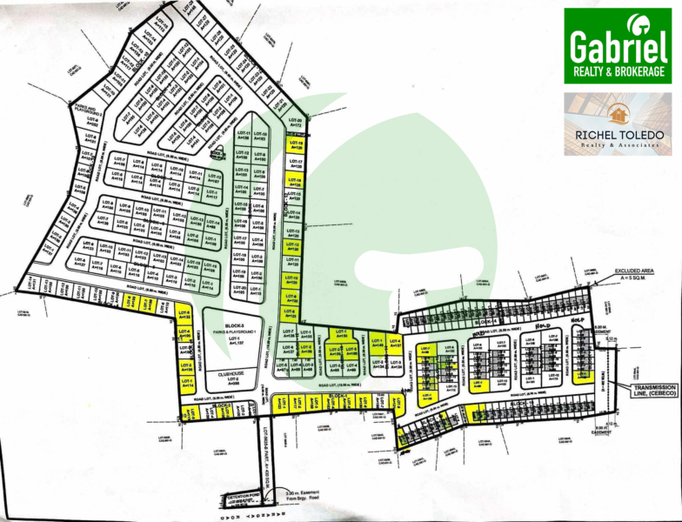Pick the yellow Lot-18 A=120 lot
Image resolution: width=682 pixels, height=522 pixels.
[x=295, y=145]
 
